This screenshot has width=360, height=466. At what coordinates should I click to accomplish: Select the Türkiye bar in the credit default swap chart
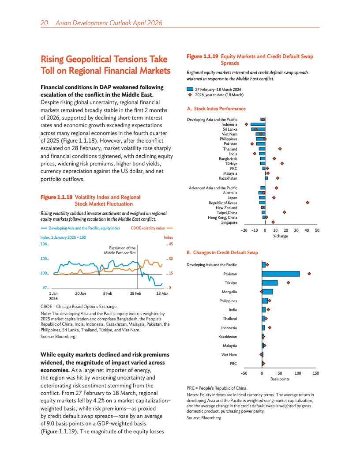[x=270, y=282]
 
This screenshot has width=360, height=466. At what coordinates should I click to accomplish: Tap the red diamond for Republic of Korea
[x=307, y=203]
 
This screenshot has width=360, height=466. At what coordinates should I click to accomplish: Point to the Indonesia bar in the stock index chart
[x=258, y=124]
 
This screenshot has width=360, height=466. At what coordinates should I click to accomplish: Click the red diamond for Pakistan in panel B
[x=310, y=274]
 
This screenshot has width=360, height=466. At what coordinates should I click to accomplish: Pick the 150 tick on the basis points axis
[x=315, y=373]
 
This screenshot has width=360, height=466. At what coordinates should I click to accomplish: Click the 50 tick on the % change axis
[x=317, y=230]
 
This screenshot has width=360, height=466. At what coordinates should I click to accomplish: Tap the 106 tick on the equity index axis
[x=43, y=244]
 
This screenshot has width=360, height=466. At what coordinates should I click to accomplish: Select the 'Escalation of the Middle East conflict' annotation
[x=120, y=251]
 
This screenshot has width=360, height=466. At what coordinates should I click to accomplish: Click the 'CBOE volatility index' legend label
[x=148, y=228]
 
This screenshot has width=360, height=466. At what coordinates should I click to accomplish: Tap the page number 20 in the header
[x=44, y=23]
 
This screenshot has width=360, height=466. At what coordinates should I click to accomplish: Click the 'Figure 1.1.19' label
[x=202, y=56]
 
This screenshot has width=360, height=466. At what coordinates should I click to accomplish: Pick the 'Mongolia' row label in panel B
[x=229, y=292]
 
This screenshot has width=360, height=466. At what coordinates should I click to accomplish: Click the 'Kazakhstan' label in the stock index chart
[x=228, y=178]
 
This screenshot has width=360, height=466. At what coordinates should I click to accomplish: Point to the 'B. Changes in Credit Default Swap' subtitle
[x=222, y=252]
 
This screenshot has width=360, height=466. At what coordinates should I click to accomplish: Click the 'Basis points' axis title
[x=280, y=379]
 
